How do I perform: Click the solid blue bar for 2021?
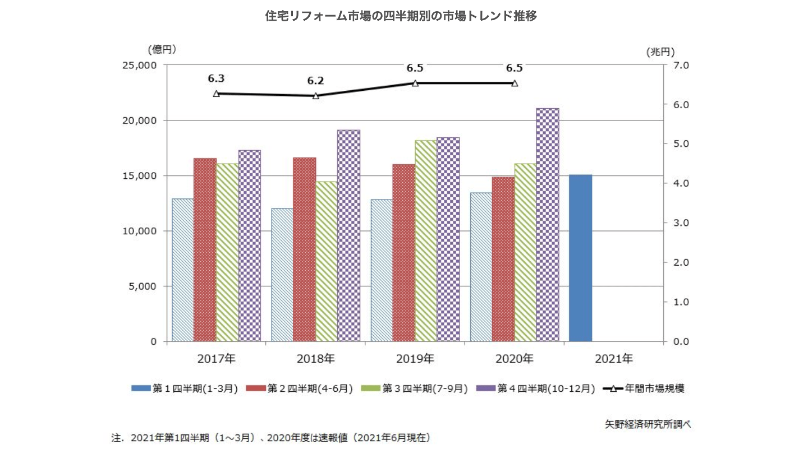coord(580,258)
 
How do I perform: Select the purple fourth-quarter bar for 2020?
coord(547,224)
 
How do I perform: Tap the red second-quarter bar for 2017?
coord(205,249)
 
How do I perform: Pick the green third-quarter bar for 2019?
coord(426,240)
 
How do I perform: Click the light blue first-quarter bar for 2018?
coord(282,275)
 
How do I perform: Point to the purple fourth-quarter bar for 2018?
coord(348,235)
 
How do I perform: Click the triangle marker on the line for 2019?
coord(415,83)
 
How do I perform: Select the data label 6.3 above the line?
coord(216,78)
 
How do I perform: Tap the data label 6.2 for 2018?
coord(315,81)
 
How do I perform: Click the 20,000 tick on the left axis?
coord(140,121)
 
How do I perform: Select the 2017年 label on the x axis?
coord(216,358)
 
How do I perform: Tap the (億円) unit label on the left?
coord(162,49)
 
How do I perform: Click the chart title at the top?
coord(401,16)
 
